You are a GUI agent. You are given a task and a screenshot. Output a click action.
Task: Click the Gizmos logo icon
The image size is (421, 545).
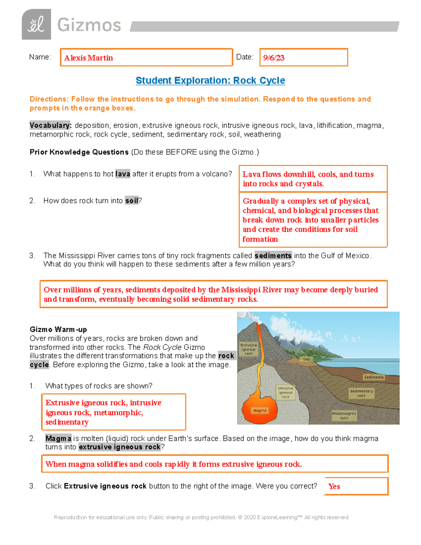36,25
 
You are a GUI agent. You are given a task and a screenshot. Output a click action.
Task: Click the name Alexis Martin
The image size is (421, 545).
88,58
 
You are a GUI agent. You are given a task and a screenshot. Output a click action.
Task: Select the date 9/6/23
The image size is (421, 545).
274,58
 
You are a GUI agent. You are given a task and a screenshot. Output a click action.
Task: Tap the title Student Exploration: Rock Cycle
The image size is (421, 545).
210,80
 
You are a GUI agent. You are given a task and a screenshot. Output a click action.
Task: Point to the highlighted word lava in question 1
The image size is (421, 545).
123,174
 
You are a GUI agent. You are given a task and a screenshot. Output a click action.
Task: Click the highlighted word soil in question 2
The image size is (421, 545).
132,201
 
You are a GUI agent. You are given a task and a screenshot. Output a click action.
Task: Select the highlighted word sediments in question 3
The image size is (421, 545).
273,255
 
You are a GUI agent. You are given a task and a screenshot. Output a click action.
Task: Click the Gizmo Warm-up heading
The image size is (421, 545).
58,330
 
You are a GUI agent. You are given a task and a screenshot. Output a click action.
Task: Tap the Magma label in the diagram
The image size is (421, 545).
260,410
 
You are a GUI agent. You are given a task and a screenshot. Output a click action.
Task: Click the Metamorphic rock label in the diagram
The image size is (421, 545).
344,416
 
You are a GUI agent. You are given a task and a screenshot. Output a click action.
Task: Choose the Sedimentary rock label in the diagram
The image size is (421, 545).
361,393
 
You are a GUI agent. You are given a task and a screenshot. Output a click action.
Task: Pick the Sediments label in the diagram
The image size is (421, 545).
374,377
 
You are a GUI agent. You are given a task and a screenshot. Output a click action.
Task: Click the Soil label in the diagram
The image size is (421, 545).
306,359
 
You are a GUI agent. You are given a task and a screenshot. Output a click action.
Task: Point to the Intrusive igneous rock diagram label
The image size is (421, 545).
286,392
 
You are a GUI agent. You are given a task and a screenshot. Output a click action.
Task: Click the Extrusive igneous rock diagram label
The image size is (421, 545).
249,349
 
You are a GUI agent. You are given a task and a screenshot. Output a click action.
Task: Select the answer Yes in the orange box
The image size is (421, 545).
334,486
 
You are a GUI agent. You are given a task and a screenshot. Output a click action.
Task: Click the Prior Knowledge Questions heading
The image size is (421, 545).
79,152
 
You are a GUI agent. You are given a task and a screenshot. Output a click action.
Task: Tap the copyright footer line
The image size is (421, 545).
201,517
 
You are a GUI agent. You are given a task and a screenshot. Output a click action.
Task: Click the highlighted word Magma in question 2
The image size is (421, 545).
58,438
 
